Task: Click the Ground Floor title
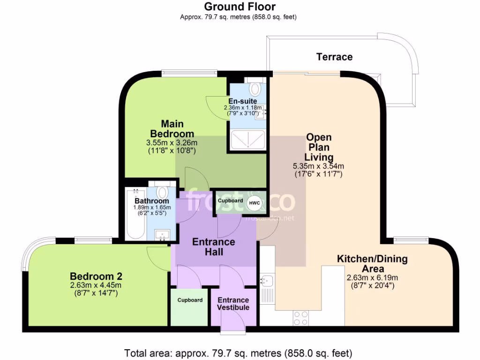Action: [240, 7]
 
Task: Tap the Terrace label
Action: [334, 57]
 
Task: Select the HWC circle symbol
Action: [254, 202]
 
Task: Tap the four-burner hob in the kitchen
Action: [300, 318]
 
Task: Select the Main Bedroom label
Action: [172, 129]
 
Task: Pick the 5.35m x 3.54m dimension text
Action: [319, 166]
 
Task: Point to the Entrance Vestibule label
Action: [233, 304]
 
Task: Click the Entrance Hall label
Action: [214, 247]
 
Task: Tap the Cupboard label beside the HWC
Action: [230, 201]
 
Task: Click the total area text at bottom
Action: [238, 352]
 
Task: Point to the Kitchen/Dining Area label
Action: [373, 263]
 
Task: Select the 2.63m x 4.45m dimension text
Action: [96, 285]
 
